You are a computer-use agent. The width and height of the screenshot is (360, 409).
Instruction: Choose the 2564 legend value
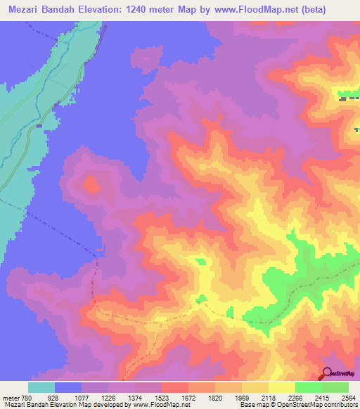pyautogui.click(x=349, y=398)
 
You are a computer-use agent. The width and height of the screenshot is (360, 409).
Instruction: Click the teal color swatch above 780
pyautogui.click(x=41, y=387)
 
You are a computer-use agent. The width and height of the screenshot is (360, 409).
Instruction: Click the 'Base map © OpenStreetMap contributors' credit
pyautogui.click(x=297, y=405)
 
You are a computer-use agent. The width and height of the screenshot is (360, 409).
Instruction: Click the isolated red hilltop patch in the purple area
pyautogui.click(x=91, y=186)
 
